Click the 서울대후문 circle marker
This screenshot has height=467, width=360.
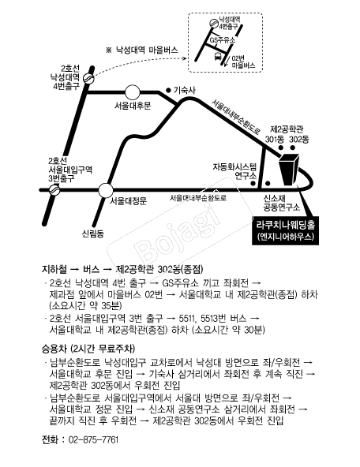133,92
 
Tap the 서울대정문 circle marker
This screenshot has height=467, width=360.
106,190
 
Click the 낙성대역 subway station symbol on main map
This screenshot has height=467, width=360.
88,78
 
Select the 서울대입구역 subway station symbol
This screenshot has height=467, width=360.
54,189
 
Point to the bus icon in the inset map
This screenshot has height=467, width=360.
218,56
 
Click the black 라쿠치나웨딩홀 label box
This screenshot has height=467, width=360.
285,231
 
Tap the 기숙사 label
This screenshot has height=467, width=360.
184,90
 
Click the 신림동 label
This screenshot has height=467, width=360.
93,233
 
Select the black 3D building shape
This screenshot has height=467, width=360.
288,169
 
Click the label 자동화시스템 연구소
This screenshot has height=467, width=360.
234,171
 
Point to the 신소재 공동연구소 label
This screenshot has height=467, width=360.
282,203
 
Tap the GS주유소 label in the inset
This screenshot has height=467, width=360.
223,40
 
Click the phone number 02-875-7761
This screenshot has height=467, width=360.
93,439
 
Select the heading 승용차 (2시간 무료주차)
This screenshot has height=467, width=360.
88,348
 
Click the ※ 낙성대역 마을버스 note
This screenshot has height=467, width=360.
142,50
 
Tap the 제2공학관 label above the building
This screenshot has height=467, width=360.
287,129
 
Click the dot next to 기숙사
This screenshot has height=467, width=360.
168,90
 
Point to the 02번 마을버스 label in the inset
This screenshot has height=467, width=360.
243,62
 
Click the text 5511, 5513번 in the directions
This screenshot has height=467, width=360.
201,319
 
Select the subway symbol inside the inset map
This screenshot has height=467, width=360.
213,23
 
